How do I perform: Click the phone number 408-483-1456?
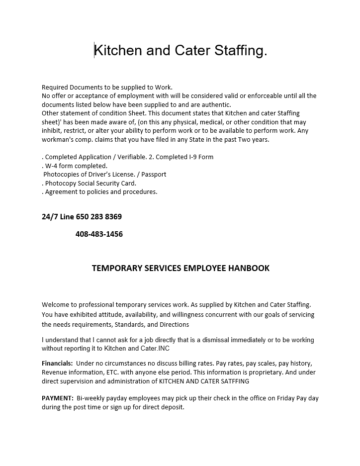point(99,234)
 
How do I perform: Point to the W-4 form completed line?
point(76,166)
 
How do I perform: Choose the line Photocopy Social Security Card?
point(90,183)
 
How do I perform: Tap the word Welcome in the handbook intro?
point(56,304)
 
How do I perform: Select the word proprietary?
point(276,373)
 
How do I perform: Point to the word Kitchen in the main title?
point(117,51)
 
